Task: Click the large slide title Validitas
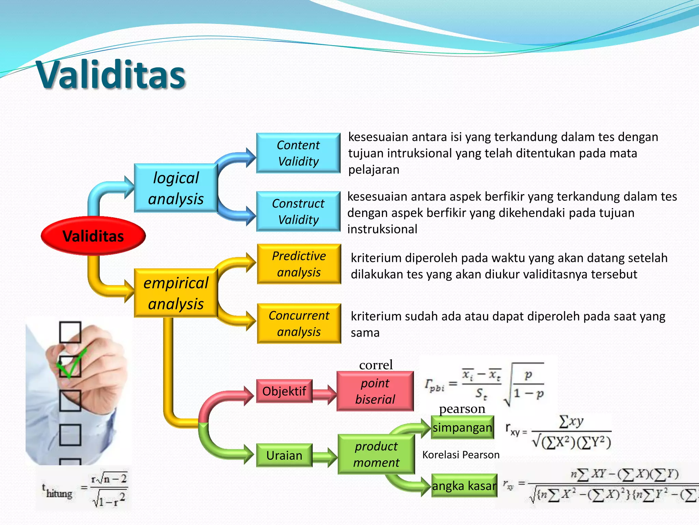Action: pos(111,75)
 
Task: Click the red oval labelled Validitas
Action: pos(93,236)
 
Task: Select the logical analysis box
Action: pos(176,188)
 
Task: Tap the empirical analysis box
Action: pos(176,293)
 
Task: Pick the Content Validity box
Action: pos(298,153)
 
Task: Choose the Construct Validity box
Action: pos(298,211)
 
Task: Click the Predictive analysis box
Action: pos(299,264)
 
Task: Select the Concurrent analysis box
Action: pos(299,323)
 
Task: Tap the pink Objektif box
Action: pos(284,391)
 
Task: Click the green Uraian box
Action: pos(284,455)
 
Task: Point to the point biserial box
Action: pos(375,391)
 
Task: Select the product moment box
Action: pos(376,454)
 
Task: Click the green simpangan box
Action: pos(462,427)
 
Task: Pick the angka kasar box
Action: pos(464,485)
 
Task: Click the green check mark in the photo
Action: pos(71,364)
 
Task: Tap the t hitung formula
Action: pos(84,490)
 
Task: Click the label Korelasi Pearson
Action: pos(461,455)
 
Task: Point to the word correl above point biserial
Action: pos(376,365)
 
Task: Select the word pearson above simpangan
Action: pos(462,408)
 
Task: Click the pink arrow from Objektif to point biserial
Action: pos(324,394)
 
